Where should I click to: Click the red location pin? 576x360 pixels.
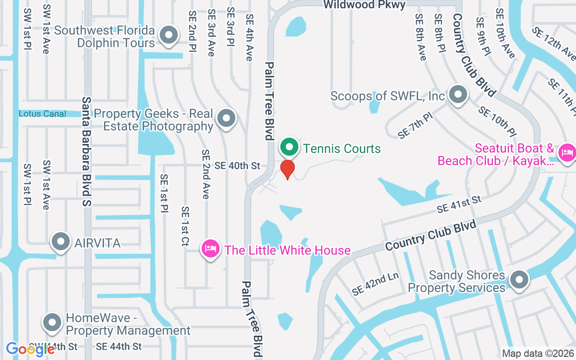(x=288, y=169)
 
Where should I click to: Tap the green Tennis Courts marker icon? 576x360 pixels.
(x=290, y=147)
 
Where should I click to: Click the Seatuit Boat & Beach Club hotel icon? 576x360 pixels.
(x=567, y=152)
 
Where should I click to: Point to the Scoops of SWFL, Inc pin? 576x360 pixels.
(x=459, y=95)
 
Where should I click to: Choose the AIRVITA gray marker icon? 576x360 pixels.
(x=61, y=242)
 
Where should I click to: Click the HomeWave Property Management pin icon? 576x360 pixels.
(x=52, y=322)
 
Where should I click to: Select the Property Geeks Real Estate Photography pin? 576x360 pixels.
(x=226, y=118)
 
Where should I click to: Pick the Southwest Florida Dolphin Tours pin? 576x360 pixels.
(x=169, y=34)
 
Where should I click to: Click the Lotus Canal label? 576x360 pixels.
(x=42, y=114)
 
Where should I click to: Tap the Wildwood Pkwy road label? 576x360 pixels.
(x=364, y=4)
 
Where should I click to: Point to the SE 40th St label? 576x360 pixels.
(x=237, y=166)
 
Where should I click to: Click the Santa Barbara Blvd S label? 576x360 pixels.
(x=86, y=152)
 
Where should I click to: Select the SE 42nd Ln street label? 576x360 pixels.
(x=375, y=284)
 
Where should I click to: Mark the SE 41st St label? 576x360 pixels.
(x=459, y=205)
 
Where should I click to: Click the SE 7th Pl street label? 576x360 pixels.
(x=415, y=126)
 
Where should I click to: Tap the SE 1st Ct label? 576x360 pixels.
(x=185, y=226)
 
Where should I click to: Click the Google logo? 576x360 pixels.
(x=30, y=349)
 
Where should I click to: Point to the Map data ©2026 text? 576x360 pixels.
(x=538, y=354)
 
